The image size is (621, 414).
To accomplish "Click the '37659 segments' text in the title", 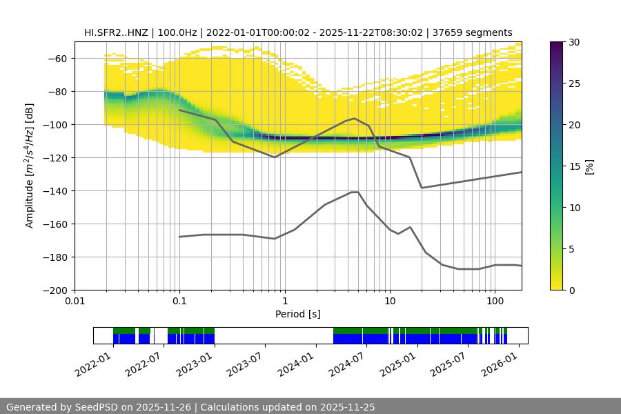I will (x=477, y=32).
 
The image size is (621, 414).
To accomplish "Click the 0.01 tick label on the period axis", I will (x=75, y=302).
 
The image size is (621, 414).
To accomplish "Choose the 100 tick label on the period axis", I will (x=495, y=302).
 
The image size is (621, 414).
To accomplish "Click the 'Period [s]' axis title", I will (x=297, y=315).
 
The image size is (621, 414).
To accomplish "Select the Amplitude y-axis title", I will (x=30, y=166).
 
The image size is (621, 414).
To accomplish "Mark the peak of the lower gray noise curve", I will (x=355, y=192).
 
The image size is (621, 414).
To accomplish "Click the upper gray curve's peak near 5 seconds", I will (x=355, y=118).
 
